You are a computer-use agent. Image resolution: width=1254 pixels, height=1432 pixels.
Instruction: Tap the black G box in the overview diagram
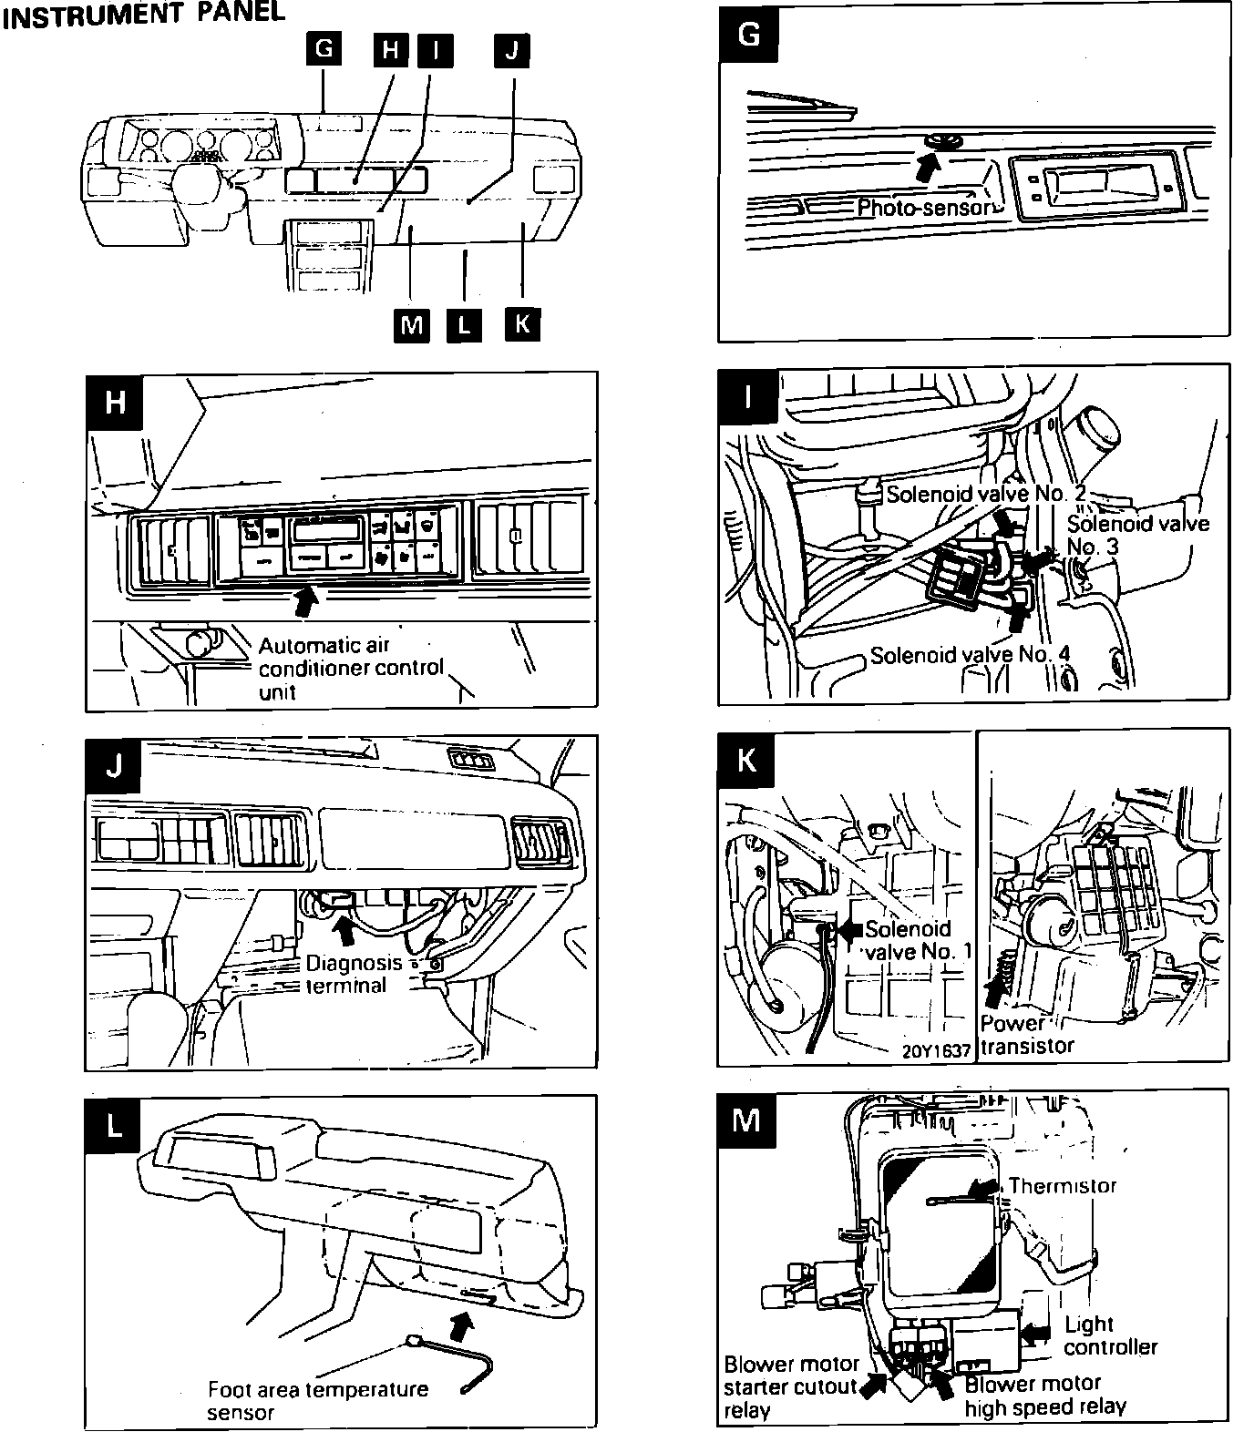322,49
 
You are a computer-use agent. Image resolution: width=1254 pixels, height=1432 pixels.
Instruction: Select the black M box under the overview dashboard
410,325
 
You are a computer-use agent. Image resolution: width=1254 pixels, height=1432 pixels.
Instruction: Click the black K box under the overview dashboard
521,323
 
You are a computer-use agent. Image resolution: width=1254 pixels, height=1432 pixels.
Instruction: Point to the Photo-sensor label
923,208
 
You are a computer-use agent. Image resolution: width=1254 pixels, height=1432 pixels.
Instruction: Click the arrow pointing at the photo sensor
928,165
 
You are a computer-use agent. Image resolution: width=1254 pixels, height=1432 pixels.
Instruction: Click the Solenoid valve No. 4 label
970,654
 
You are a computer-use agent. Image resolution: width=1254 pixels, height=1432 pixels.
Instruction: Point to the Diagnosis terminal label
354,974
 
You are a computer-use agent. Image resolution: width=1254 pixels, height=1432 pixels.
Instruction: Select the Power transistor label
1026,1035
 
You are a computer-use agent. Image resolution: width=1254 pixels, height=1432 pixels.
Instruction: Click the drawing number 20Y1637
937,1050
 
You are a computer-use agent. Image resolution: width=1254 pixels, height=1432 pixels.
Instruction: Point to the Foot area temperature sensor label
318,1401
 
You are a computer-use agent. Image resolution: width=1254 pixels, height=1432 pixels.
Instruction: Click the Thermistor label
1062,1186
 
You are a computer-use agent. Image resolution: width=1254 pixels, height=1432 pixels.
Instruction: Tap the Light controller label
1110,1335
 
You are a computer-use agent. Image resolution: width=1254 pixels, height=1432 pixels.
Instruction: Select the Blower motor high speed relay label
1044,1396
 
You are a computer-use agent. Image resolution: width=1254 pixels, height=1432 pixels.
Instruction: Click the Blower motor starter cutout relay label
790,1387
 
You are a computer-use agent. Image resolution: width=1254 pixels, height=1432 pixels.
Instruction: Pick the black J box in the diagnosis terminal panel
114,766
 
